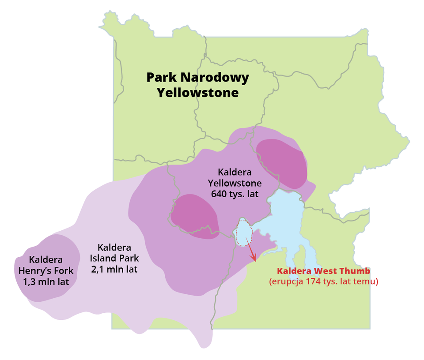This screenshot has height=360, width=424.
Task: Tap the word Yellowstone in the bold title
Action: (198, 93)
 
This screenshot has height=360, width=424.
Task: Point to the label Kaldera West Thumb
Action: (323, 271)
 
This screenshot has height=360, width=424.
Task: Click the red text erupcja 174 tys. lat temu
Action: (323, 281)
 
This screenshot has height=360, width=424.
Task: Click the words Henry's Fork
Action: (46, 270)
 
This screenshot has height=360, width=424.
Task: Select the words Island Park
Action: (114, 258)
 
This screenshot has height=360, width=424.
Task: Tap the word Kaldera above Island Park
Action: (114, 247)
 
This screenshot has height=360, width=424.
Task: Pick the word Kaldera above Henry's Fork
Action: (46, 259)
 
